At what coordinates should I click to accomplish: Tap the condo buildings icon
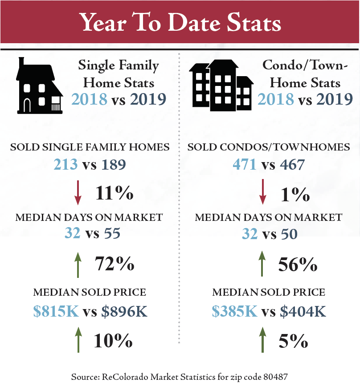(x=221, y=86)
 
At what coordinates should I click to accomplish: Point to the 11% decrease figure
(x=115, y=194)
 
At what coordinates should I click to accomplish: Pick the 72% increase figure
(x=115, y=264)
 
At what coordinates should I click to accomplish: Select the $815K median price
(x=56, y=311)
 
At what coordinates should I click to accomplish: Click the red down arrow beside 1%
(x=263, y=191)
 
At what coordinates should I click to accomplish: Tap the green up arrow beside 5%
(x=263, y=339)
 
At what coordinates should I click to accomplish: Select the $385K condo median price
(x=235, y=311)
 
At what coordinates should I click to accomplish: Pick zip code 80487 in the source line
(x=274, y=377)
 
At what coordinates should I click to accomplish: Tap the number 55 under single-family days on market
(x=112, y=233)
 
